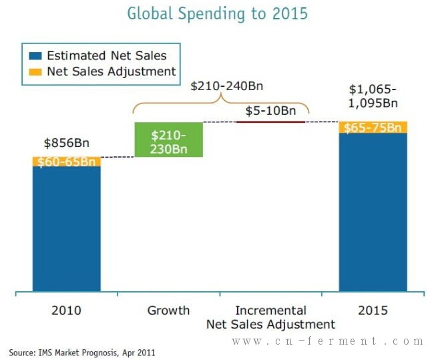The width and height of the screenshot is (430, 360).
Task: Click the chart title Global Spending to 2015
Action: click(x=218, y=14)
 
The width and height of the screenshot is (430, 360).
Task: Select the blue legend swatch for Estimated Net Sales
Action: click(x=35, y=56)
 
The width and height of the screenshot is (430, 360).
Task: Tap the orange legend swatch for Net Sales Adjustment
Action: click(x=35, y=72)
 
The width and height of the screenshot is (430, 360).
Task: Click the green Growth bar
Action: click(x=169, y=140)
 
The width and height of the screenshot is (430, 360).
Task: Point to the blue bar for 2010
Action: click(x=67, y=228)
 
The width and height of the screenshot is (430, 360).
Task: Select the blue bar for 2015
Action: click(x=373, y=212)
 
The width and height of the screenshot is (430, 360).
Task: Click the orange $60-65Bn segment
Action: click(x=67, y=162)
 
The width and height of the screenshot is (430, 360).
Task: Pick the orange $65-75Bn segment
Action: click(x=373, y=128)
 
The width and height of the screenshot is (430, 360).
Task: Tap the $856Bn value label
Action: click(x=67, y=143)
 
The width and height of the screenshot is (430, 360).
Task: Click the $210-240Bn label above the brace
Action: click(x=227, y=86)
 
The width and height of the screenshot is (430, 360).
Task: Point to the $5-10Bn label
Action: click(x=270, y=111)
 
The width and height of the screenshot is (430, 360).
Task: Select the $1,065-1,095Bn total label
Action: click(x=373, y=96)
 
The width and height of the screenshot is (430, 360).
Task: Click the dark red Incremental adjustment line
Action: click(x=270, y=122)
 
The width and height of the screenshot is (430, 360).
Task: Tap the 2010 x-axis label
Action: click(x=66, y=311)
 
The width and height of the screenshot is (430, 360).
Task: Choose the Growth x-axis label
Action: click(x=169, y=311)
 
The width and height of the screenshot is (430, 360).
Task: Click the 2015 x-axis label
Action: click(x=373, y=311)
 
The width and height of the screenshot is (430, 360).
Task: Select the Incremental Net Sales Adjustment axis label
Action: click(x=270, y=317)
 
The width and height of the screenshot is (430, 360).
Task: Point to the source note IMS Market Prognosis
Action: click(x=82, y=353)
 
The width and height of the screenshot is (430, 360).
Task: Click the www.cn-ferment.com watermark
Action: click(x=328, y=341)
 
